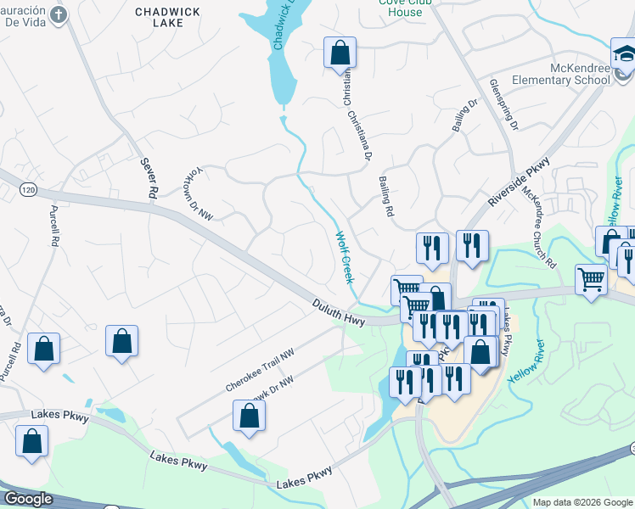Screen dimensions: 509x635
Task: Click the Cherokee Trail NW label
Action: [x=260, y=371]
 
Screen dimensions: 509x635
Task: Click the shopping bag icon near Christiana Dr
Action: [x=340, y=53]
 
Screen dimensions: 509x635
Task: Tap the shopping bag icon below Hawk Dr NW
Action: [x=249, y=415]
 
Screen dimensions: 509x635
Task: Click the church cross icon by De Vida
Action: [x=58, y=14]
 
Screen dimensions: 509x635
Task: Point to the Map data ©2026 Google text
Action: [x=582, y=502]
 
